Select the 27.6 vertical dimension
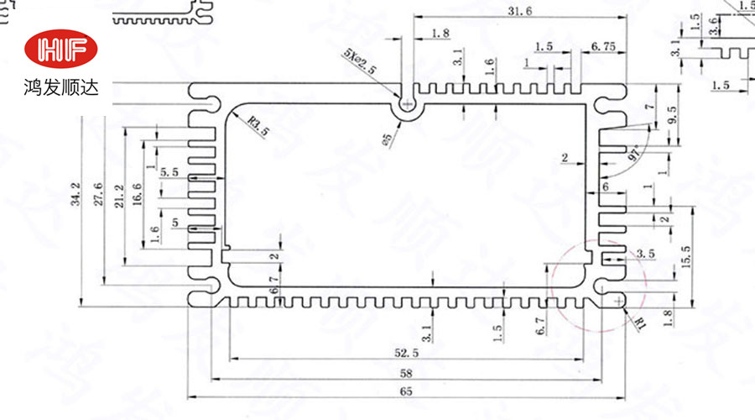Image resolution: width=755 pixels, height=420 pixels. (99, 192)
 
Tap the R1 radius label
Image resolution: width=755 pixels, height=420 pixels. (641, 320)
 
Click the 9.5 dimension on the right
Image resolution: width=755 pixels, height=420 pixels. (672, 114)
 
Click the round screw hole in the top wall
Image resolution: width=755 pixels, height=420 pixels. (407, 105)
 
